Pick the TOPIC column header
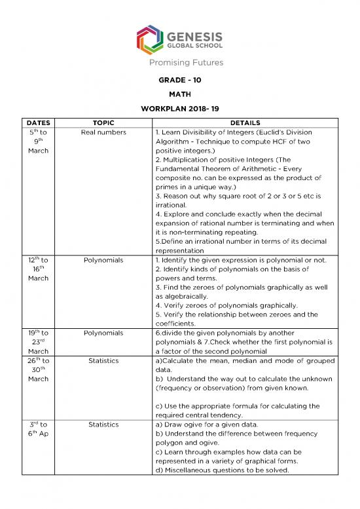(103, 123)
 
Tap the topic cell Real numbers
(103, 132)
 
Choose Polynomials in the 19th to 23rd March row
(103, 333)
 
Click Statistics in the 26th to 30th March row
(103, 361)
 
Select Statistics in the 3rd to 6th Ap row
(103, 424)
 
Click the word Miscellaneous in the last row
(190, 470)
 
